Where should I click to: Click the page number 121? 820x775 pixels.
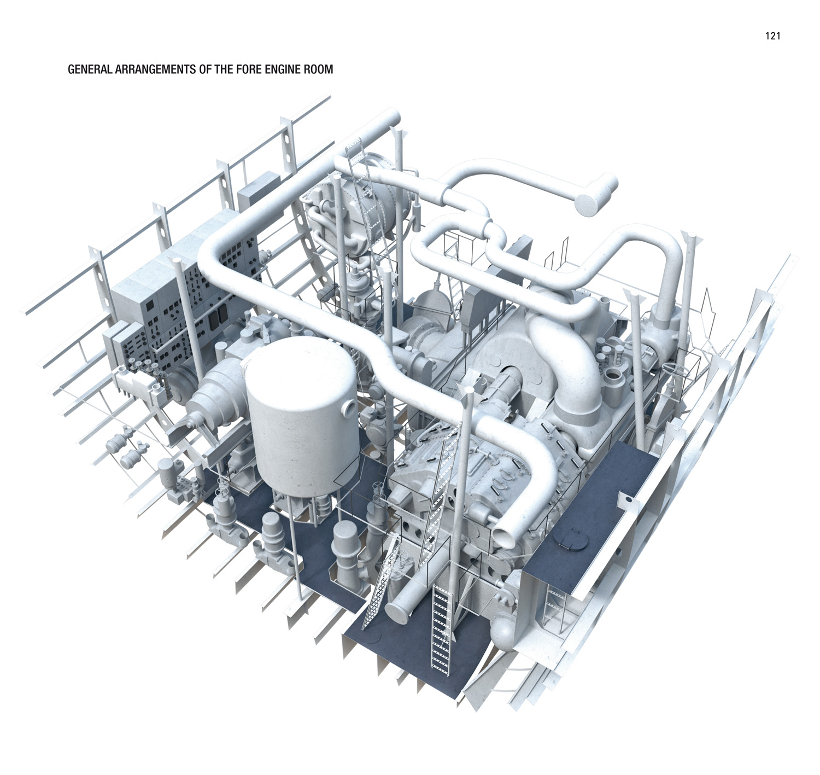[x=772, y=36]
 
